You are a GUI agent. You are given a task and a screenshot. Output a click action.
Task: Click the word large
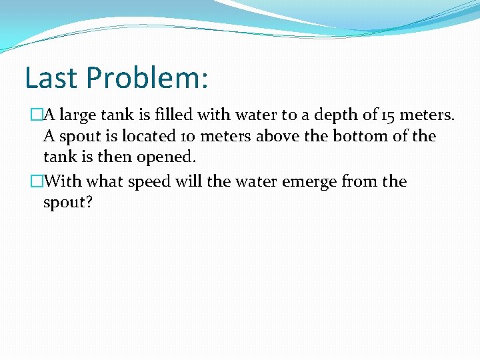pos(79,115)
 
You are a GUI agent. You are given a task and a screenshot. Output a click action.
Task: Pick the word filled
pos(172,115)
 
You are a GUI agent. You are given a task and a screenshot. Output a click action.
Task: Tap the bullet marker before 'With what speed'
pos(37,181)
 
